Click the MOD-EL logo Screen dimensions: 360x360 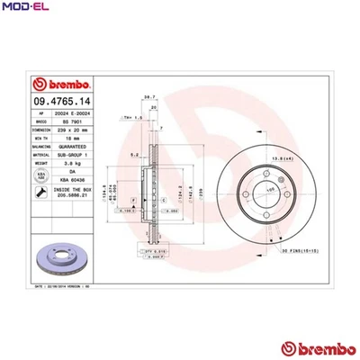(24, 10)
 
